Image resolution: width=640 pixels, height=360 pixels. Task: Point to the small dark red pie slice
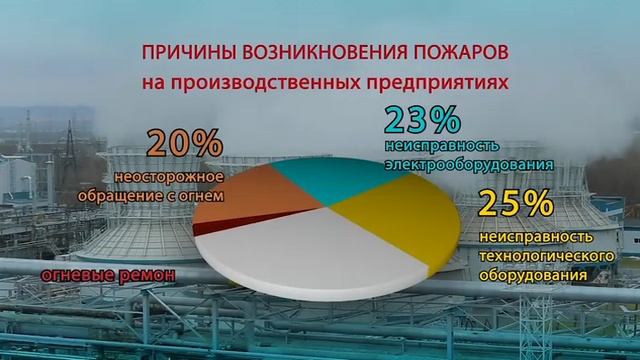[204, 229]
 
